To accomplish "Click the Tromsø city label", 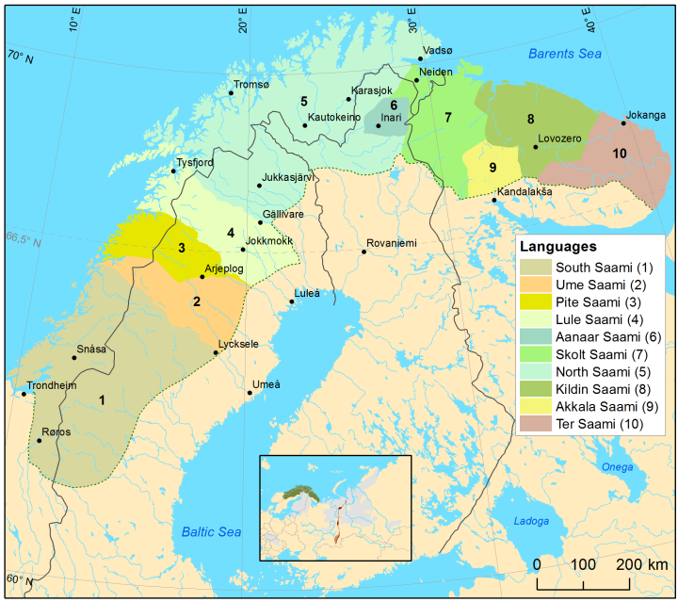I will (250, 85).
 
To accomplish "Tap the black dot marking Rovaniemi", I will (364, 252).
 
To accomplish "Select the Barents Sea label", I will (564, 54).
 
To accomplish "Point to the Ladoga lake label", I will (531, 521).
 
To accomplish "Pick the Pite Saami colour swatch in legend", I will (534, 301).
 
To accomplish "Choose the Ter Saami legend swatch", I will (534, 424).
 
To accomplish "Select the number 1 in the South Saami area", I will (101, 399).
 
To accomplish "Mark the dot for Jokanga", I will (623, 122).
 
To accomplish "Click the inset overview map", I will (335, 510).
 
